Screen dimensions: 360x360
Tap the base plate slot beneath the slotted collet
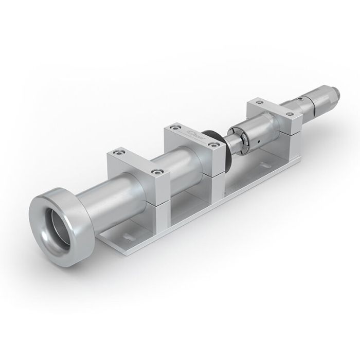[x=265, y=165]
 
